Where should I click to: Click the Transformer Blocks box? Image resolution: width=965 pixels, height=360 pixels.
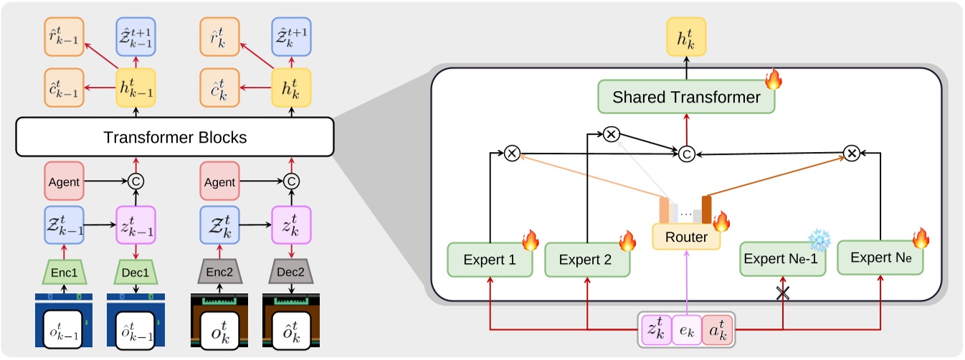point(175,136)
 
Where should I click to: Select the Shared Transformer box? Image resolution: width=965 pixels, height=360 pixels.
point(687,98)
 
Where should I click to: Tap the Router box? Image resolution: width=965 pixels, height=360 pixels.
point(686,237)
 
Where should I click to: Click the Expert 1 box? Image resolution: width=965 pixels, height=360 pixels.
point(490,260)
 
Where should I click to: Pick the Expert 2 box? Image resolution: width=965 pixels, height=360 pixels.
point(587,260)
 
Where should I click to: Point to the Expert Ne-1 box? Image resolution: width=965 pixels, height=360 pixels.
point(782,259)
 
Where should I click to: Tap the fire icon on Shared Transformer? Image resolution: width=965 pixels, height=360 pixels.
point(773,80)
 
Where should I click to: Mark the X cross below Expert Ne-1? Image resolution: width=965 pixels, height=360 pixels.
point(782,293)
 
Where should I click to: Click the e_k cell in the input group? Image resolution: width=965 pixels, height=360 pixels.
point(687,331)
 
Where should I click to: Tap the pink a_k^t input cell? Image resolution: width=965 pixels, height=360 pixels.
point(717,331)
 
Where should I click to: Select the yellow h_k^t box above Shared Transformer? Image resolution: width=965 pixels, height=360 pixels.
point(686,36)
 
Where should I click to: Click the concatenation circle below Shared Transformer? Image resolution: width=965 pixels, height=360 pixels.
point(686,153)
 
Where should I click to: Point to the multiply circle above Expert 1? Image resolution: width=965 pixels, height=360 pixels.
point(511,152)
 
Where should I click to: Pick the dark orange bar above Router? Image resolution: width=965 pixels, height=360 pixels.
point(706,209)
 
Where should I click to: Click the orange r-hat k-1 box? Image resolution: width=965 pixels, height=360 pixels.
point(65,36)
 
